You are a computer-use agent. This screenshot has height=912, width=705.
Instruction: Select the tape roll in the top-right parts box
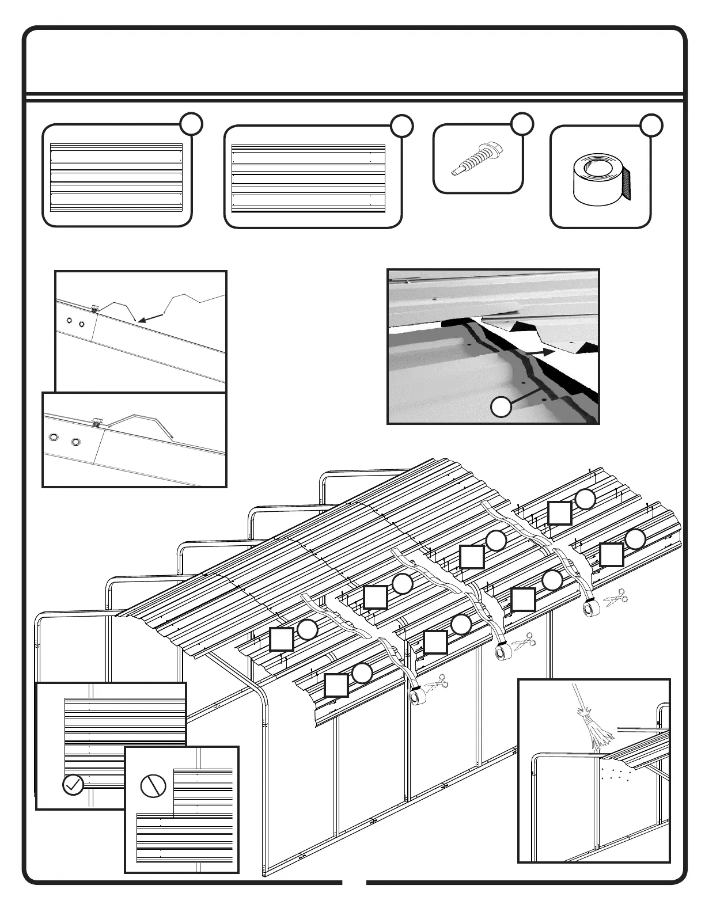click(x=599, y=179)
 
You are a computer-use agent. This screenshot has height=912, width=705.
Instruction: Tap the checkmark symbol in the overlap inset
click(x=73, y=785)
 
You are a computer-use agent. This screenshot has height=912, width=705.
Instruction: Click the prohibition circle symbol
click(x=153, y=785)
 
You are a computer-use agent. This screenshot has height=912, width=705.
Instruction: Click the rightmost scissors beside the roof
click(x=615, y=597)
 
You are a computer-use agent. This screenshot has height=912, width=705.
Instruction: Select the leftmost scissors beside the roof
click(x=434, y=684)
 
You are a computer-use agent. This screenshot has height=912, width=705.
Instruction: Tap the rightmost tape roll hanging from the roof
click(x=590, y=607)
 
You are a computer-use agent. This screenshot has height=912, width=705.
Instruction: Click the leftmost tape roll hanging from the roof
click(x=416, y=695)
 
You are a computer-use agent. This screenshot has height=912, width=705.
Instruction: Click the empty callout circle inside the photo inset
click(x=501, y=407)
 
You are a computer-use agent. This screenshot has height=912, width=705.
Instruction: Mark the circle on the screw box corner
click(x=522, y=123)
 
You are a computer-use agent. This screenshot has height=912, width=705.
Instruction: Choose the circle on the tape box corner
click(x=651, y=125)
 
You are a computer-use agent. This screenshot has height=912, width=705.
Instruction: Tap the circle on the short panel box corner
click(x=191, y=124)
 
